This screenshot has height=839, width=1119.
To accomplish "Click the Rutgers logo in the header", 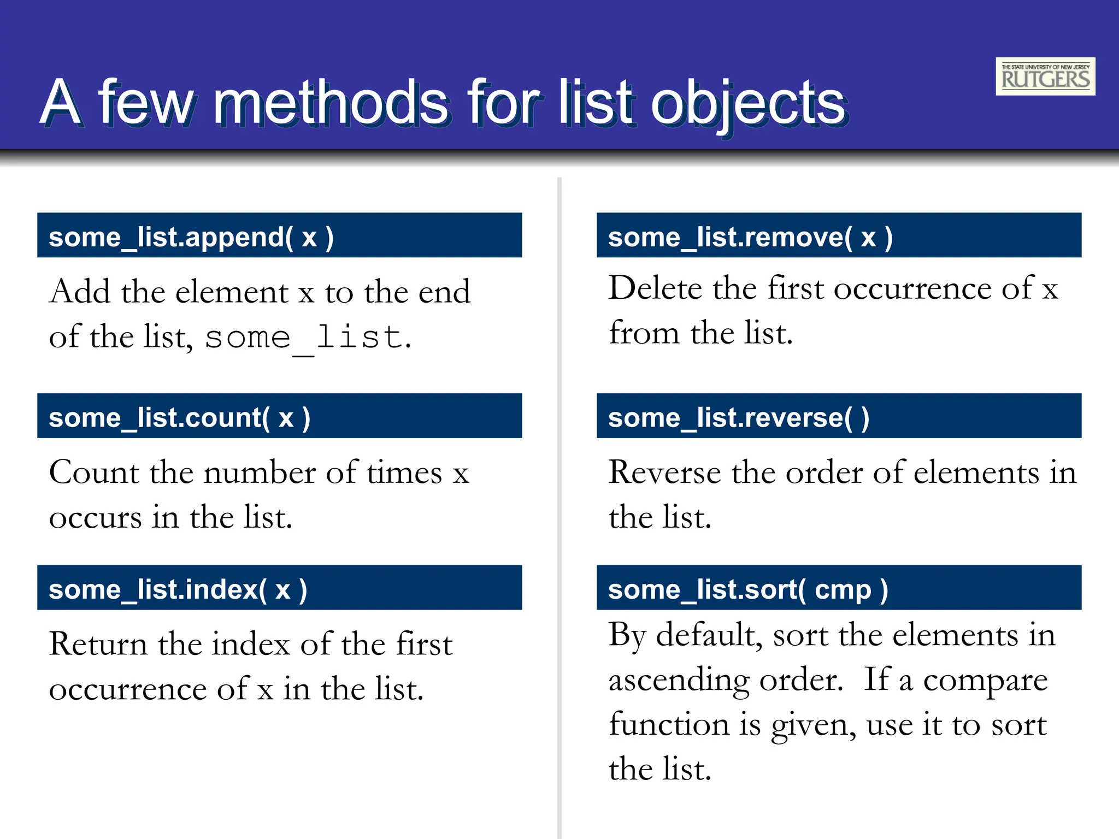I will (1045, 76).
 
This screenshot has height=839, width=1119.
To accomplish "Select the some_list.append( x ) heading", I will (191, 237).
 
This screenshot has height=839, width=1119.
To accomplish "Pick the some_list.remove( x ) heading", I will (750, 237).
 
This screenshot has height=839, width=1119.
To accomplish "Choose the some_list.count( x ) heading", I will (180, 418).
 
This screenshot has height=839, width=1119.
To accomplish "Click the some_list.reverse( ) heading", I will (738, 418).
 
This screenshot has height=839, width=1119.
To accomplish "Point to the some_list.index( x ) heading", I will (178, 589).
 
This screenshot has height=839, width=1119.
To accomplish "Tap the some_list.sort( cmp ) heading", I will (748, 589).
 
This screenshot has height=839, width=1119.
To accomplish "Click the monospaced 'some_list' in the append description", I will (303, 337).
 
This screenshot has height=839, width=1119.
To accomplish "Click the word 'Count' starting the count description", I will (94, 472).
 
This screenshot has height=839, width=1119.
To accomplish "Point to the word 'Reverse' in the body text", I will (664, 472).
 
